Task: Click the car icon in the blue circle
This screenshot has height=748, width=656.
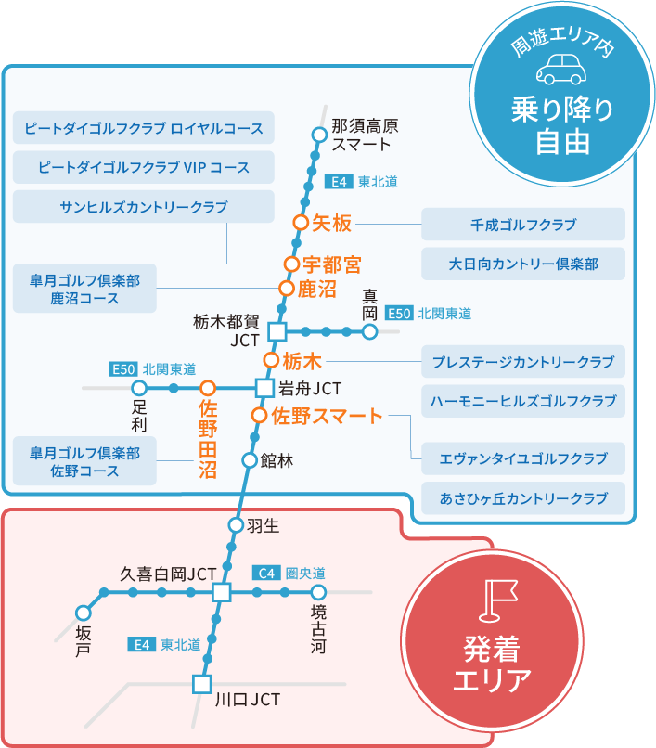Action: [563, 70]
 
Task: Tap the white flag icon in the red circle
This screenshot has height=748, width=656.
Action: [491, 600]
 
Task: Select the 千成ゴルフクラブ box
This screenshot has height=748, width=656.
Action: [523, 225]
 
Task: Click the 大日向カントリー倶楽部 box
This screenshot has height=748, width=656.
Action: [523, 264]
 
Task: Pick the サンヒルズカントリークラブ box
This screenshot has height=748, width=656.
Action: [144, 207]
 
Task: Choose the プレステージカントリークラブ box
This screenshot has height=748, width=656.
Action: [523, 361]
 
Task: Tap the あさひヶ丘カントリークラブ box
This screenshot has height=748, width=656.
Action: [523, 498]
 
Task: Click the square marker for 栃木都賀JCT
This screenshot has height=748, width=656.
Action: [276, 331]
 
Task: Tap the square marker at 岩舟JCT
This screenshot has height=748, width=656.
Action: [264, 387]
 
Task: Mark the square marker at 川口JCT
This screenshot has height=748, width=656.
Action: [201, 685]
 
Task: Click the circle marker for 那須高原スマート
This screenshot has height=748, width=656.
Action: [319, 135]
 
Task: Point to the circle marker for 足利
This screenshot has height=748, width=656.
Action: [139, 387]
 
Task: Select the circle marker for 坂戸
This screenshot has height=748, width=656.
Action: [84, 613]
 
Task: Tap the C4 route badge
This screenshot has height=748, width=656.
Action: [266, 573]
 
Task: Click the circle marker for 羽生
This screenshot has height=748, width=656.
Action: [236, 526]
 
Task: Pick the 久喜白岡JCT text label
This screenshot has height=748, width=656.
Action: [169, 574]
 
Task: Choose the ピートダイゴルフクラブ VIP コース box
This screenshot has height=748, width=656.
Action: [144, 168]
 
